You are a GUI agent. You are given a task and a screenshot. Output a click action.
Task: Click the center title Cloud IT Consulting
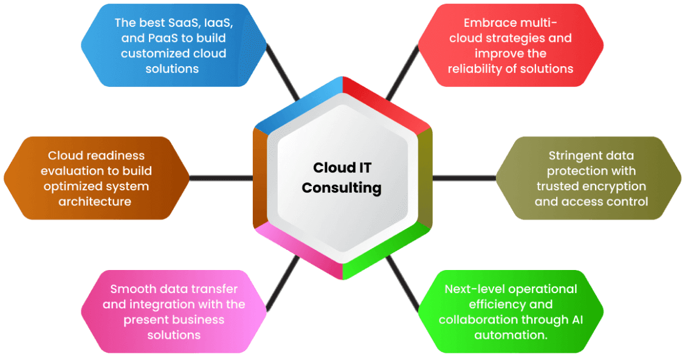pyautogui.click(x=342, y=178)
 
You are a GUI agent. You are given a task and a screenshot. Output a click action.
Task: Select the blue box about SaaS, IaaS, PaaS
pyautogui.click(x=173, y=46)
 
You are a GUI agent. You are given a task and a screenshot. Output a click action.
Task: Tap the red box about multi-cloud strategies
pyautogui.click(x=511, y=46)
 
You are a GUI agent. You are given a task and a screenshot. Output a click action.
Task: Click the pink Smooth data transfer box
pyautogui.click(x=173, y=312)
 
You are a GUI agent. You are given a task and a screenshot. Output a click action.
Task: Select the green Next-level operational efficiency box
pyautogui.click(x=511, y=312)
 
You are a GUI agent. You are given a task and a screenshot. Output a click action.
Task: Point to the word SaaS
pyautogui.click(x=167, y=22)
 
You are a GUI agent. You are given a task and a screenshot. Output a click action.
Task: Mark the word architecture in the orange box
pyautogui.click(x=95, y=201)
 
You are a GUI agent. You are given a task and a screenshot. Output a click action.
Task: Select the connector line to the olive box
pyautogui.click(x=464, y=178)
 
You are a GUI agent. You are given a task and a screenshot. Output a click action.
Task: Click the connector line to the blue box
pyautogui.click(x=283, y=76)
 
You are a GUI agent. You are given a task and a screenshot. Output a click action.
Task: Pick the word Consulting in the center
pyautogui.click(x=342, y=188)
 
